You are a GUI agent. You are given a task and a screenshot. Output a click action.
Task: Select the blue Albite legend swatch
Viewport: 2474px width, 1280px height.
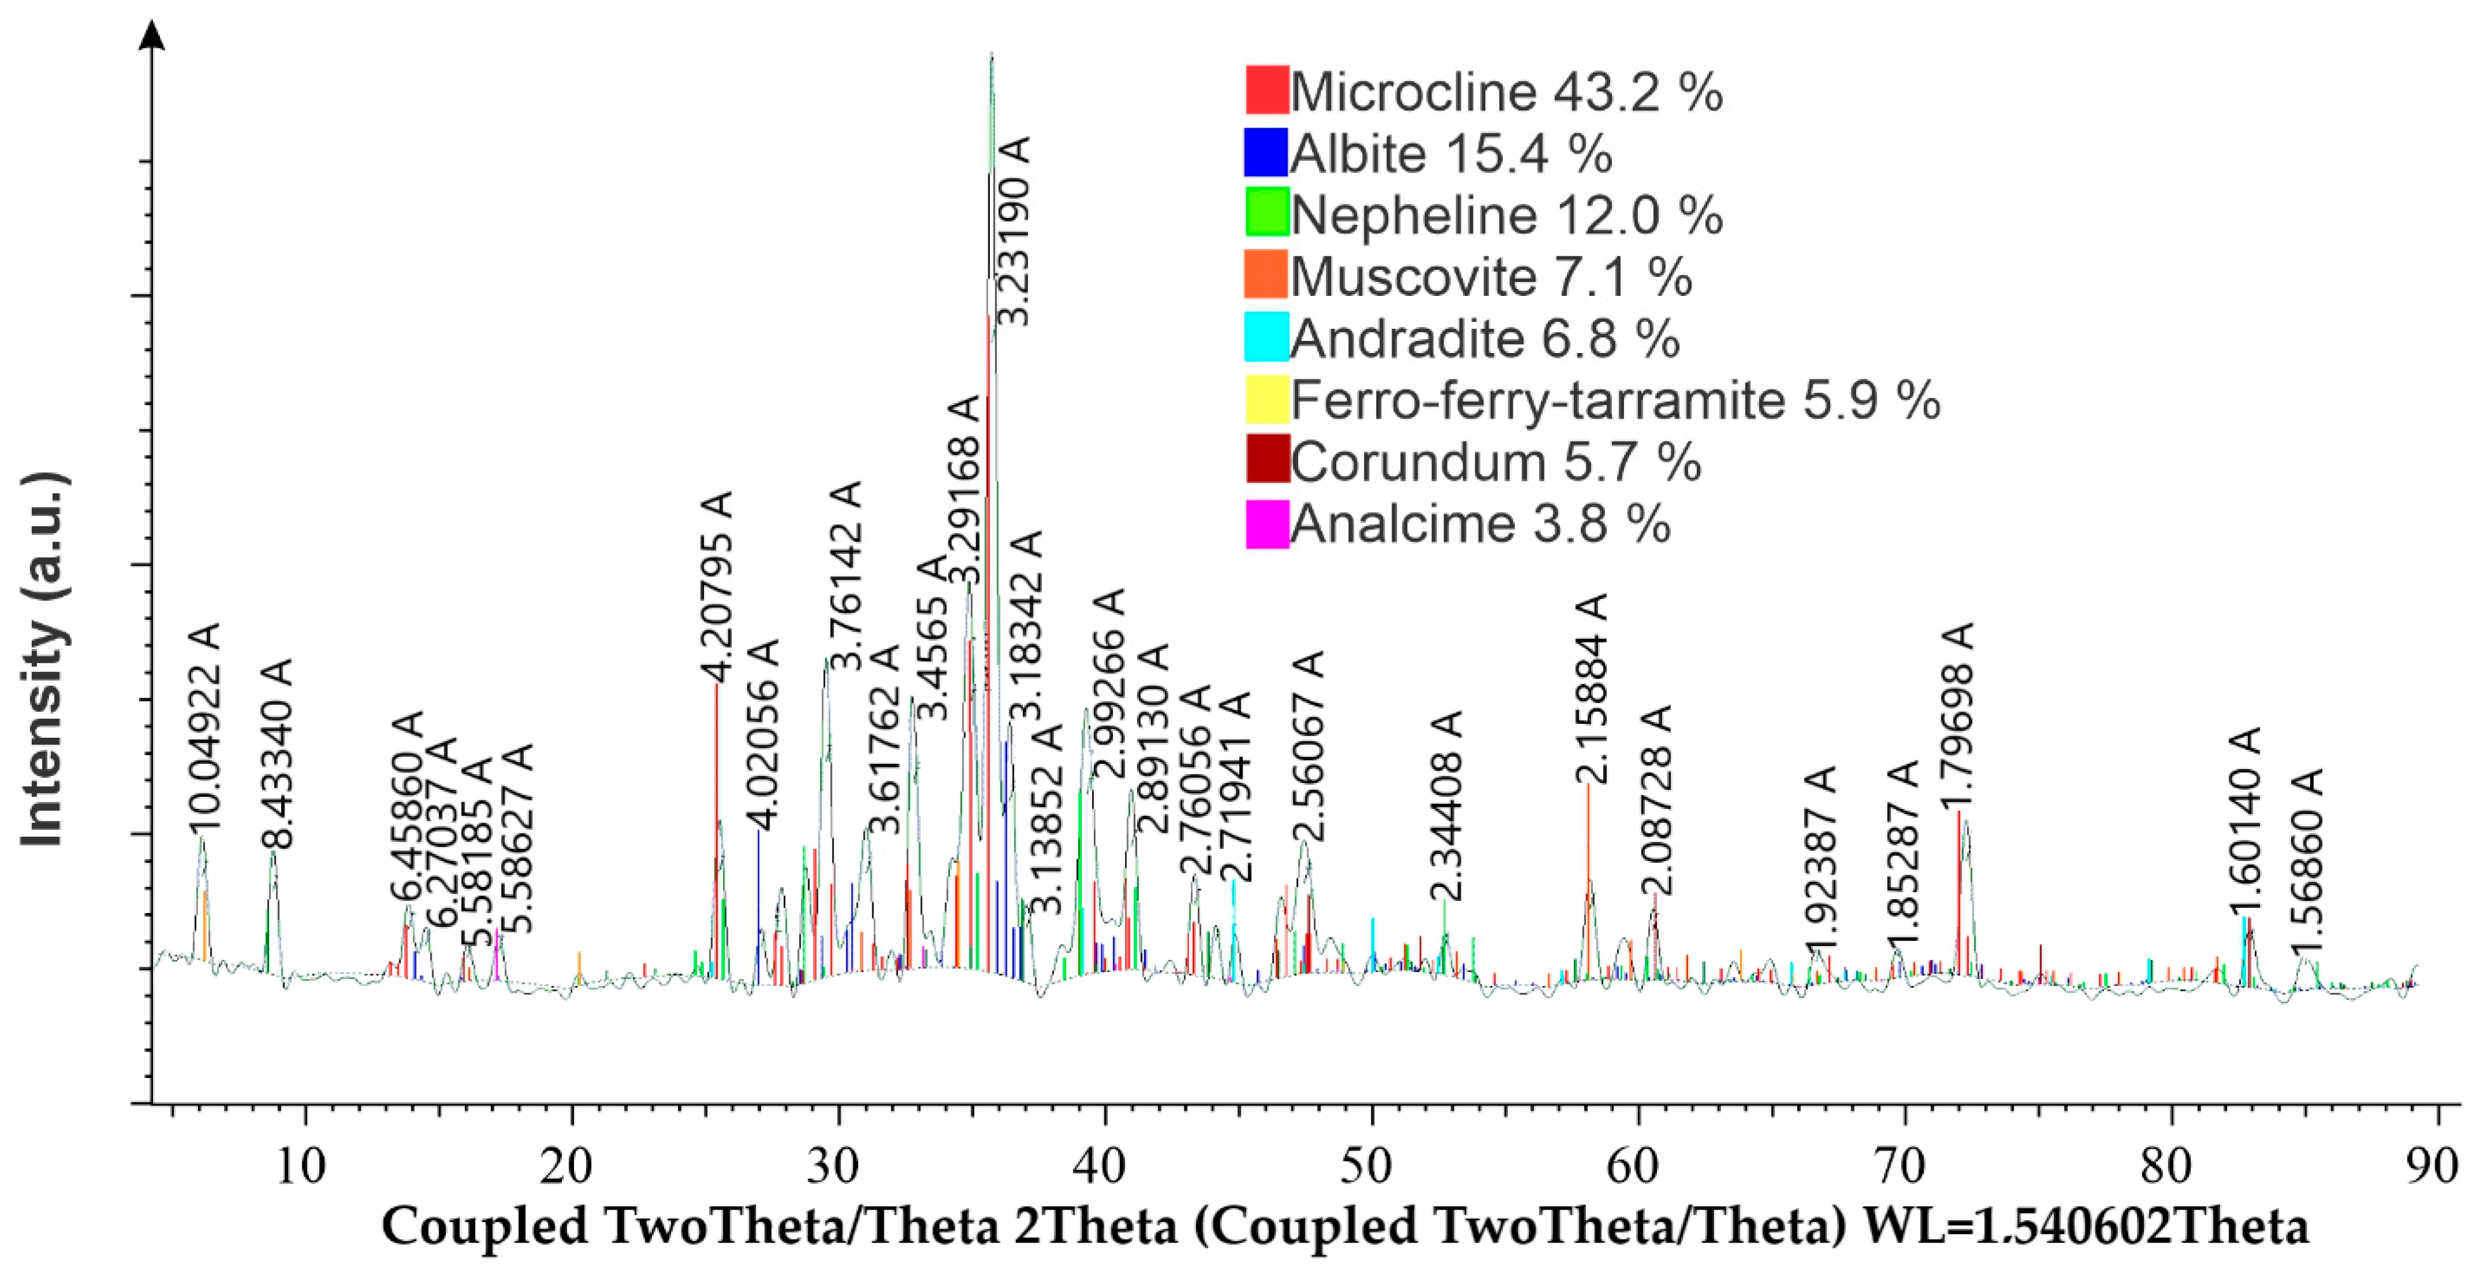click(1266, 152)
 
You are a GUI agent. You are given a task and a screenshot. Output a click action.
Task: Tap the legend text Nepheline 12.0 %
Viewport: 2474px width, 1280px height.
click(1506, 214)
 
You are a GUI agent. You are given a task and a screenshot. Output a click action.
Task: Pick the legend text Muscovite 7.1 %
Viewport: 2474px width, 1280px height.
click(1491, 277)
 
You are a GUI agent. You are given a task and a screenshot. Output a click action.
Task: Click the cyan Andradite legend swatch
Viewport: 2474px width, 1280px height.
click(1266, 338)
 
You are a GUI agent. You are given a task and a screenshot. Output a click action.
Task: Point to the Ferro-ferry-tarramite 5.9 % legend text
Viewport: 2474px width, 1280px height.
click(1616, 399)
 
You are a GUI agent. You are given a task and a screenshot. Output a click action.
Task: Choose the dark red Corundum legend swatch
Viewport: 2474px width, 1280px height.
click(1266, 462)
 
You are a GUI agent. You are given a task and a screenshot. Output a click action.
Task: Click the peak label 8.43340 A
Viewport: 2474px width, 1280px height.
click(277, 754)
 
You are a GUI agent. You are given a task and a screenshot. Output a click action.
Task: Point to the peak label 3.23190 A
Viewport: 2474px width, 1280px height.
click(1013, 231)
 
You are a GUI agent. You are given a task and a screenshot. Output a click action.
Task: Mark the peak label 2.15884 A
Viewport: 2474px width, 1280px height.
click(1590, 690)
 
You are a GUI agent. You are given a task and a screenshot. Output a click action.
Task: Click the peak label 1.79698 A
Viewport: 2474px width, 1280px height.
click(1959, 717)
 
